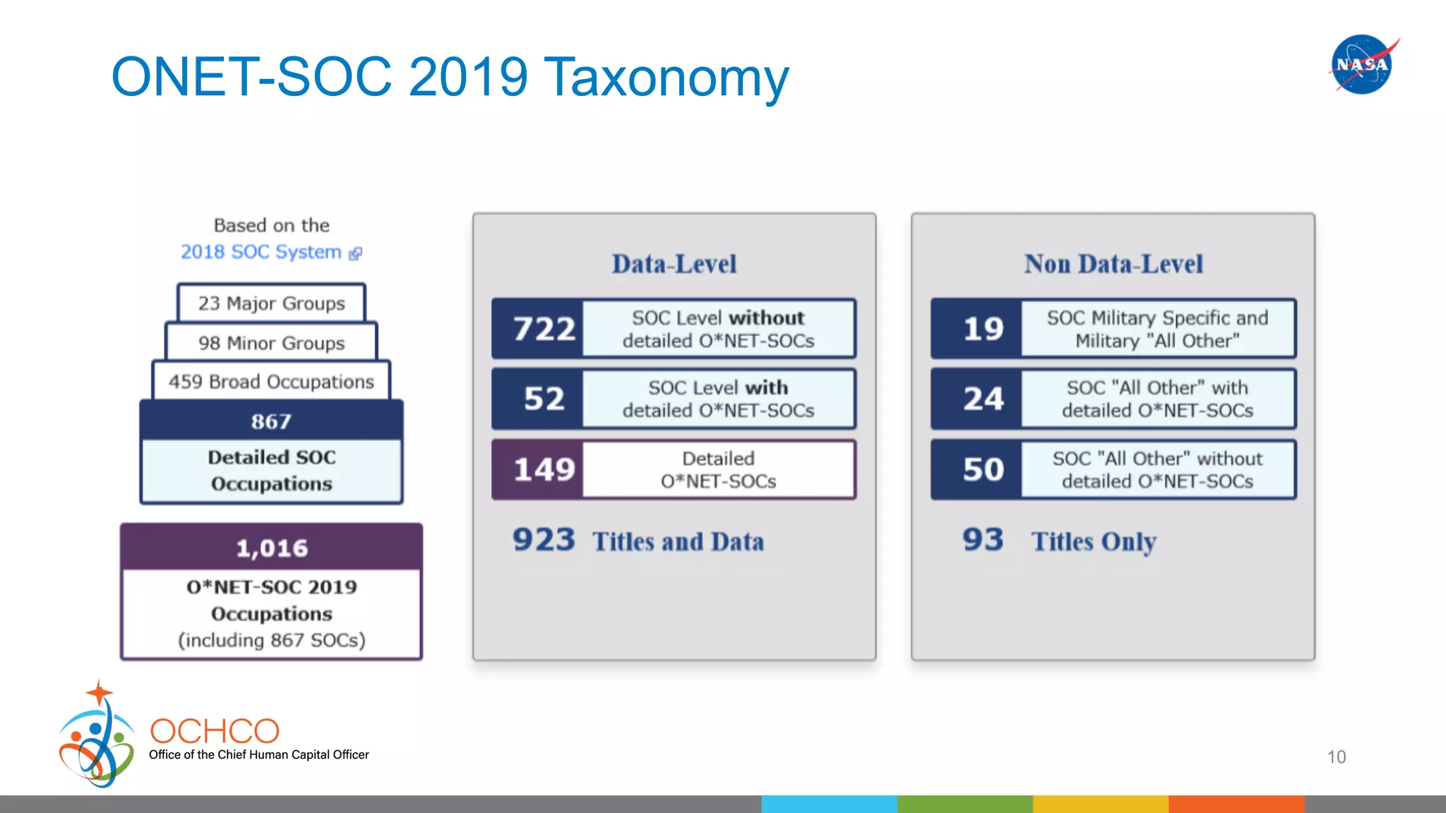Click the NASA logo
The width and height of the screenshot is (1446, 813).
click(x=1362, y=64)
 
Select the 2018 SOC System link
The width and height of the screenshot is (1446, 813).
click(x=261, y=252)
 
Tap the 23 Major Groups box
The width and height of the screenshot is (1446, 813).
click(x=271, y=303)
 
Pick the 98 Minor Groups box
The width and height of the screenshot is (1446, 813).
click(x=271, y=343)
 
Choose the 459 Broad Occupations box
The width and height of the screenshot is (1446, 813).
click(x=271, y=382)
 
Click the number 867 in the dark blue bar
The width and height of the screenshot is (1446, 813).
click(x=271, y=421)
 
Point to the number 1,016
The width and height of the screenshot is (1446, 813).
click(x=271, y=548)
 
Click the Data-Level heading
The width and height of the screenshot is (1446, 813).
click(x=674, y=264)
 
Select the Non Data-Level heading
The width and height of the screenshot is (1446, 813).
click(x=1113, y=264)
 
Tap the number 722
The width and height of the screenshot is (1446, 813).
click(x=544, y=329)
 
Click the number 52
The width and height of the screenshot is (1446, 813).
click(x=544, y=399)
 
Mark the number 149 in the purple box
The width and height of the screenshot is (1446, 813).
click(x=544, y=469)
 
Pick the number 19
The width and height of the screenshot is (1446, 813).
click(x=983, y=329)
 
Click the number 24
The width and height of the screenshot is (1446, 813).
click(x=983, y=399)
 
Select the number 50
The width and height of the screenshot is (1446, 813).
click(x=983, y=469)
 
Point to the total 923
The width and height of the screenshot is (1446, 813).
click(x=544, y=540)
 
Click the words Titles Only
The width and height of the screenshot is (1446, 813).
click(x=1093, y=542)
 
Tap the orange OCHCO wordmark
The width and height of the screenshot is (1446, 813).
click(x=215, y=731)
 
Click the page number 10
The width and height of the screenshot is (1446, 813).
click(x=1336, y=757)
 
